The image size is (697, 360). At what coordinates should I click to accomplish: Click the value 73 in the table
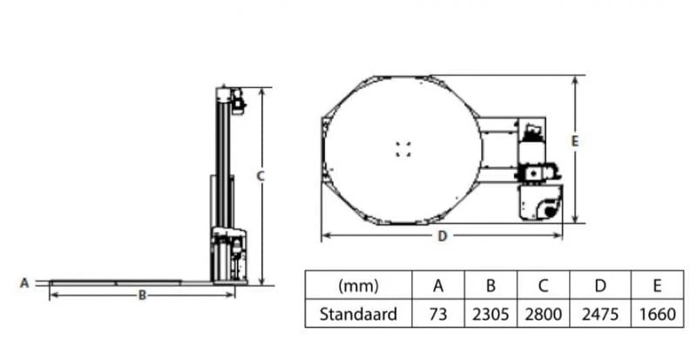pyautogui.click(x=438, y=314)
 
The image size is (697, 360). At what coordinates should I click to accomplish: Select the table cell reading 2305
pyautogui.click(x=491, y=314)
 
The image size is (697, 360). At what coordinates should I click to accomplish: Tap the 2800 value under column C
pyautogui.click(x=543, y=314)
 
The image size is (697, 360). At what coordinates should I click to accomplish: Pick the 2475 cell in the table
pyautogui.click(x=600, y=314)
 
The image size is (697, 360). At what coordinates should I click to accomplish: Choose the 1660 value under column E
pyautogui.click(x=658, y=314)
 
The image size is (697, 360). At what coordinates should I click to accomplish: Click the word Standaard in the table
pyautogui.click(x=358, y=314)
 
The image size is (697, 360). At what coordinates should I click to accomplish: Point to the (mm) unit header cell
pyautogui.click(x=358, y=286)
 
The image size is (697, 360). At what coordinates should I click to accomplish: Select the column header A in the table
pyautogui.click(x=438, y=286)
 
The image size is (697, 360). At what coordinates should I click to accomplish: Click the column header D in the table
pyautogui.click(x=600, y=286)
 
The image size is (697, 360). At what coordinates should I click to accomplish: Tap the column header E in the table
pyautogui.click(x=658, y=286)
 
